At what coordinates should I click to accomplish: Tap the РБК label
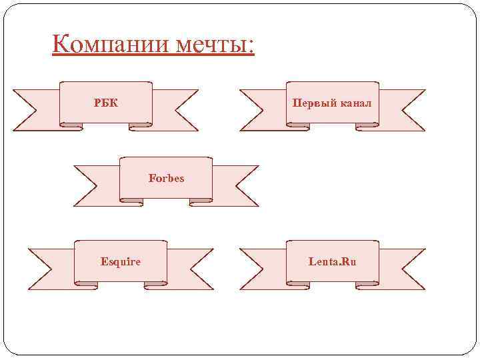click(106, 103)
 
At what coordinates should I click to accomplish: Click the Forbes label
click(166, 179)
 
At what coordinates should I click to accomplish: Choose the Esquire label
click(121, 261)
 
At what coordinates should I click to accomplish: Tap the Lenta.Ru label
click(332, 261)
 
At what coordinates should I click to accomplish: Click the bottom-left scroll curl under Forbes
click(131, 201)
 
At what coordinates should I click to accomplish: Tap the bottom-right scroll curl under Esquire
click(155, 285)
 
